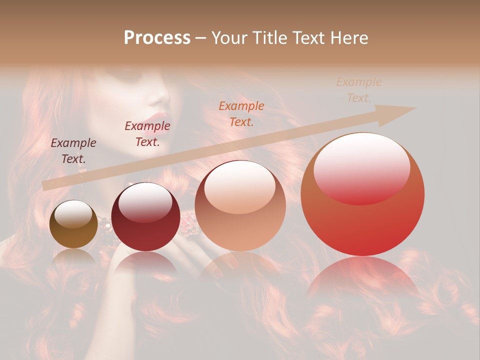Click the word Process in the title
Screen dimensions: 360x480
[x=157, y=38]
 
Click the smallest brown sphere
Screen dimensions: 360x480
[x=73, y=224]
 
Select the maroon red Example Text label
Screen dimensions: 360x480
[x=147, y=134]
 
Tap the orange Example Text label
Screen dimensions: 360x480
[x=241, y=114]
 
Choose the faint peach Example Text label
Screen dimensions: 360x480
[x=359, y=90]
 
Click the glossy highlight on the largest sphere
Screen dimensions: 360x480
[x=362, y=167]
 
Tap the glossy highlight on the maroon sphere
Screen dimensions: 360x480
[x=145, y=201]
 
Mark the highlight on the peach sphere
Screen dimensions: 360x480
[x=240, y=187]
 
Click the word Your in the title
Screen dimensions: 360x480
[x=230, y=38]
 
